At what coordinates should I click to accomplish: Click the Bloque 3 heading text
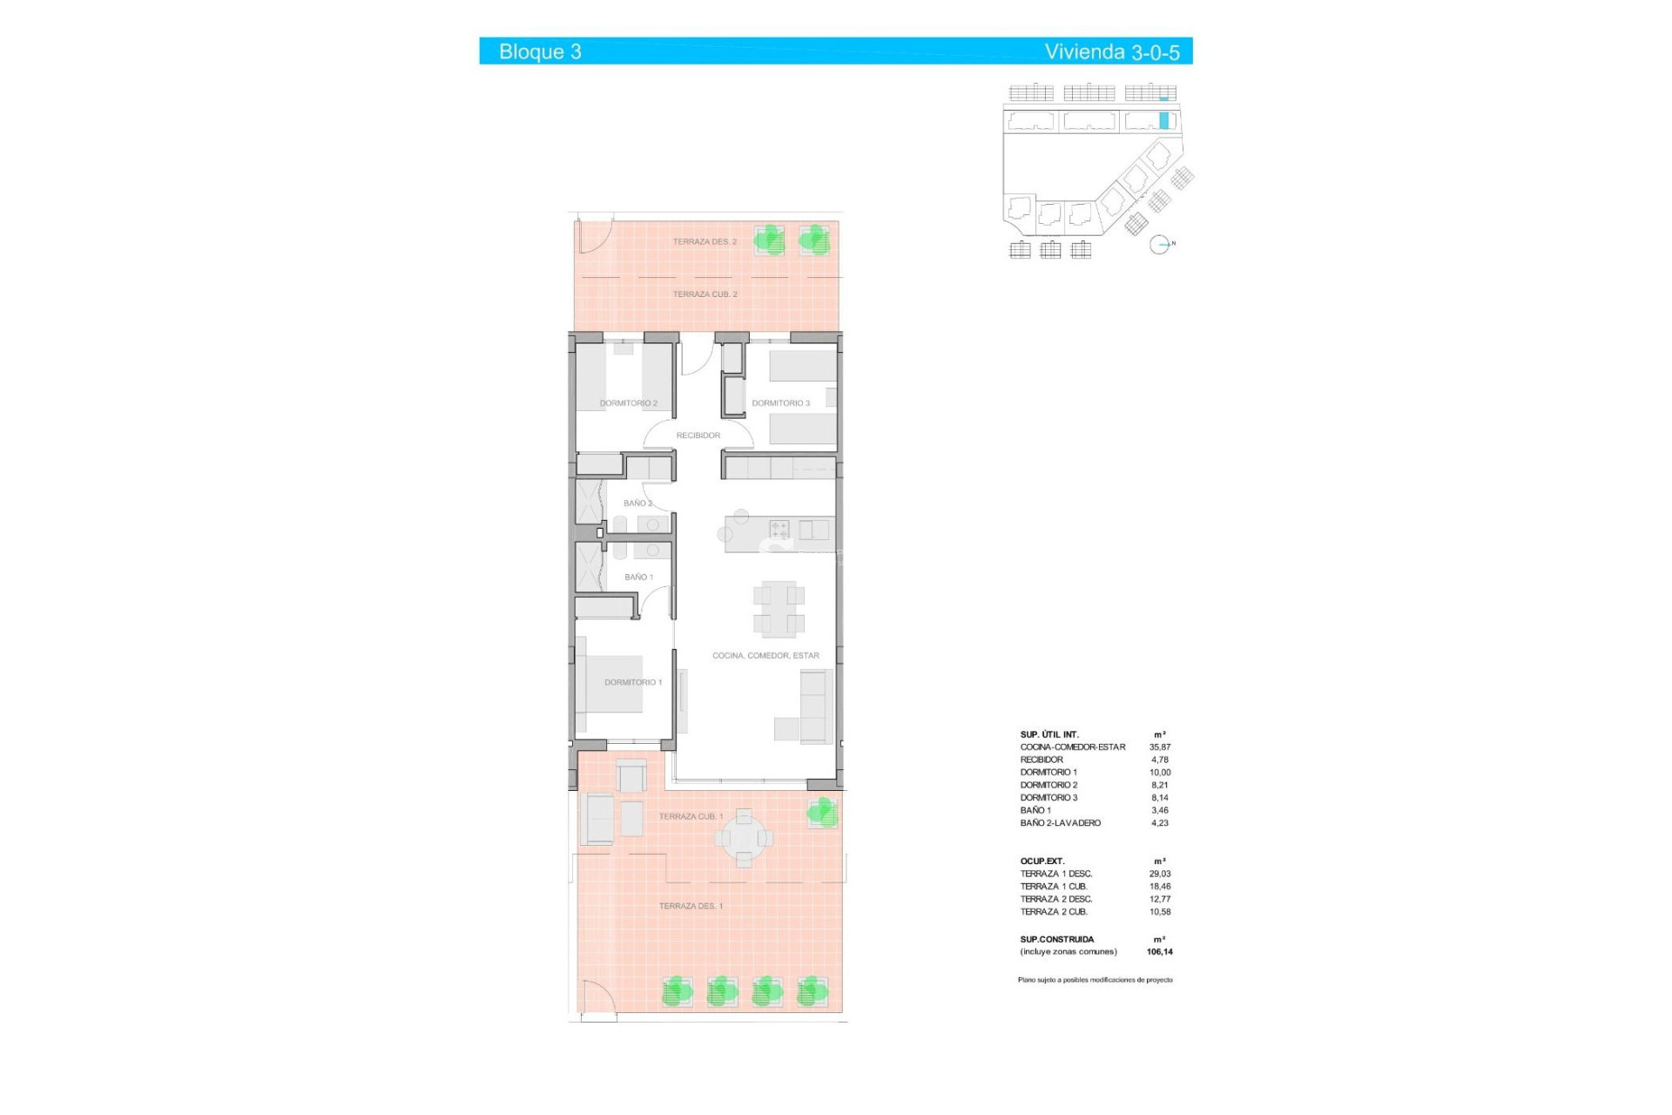(x=540, y=51)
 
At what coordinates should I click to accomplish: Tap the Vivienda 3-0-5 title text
(x=1111, y=51)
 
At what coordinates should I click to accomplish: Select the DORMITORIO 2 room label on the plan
(x=628, y=403)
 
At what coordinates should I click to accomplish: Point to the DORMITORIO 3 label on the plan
(x=780, y=403)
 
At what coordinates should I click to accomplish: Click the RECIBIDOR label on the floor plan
(x=698, y=436)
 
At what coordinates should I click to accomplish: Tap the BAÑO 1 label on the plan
(x=638, y=578)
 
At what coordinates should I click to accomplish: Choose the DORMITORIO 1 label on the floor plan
(x=633, y=682)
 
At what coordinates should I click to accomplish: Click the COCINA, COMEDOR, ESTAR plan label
(x=765, y=656)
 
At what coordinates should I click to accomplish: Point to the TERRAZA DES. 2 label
(x=705, y=241)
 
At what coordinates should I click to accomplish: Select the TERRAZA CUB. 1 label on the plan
(x=691, y=817)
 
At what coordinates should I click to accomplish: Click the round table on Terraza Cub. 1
(x=744, y=838)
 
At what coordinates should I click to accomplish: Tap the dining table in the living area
(x=779, y=608)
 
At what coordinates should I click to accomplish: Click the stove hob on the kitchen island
(x=779, y=530)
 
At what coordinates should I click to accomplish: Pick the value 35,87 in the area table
(x=1159, y=747)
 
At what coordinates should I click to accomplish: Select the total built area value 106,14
(x=1159, y=952)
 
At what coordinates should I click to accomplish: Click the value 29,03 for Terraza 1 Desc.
(x=1159, y=874)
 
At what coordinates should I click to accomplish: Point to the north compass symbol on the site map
(x=1159, y=245)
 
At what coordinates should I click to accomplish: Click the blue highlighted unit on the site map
(x=1163, y=121)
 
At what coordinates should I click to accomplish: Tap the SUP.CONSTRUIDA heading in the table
(x=1056, y=940)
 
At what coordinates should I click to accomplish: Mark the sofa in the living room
(x=817, y=706)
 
